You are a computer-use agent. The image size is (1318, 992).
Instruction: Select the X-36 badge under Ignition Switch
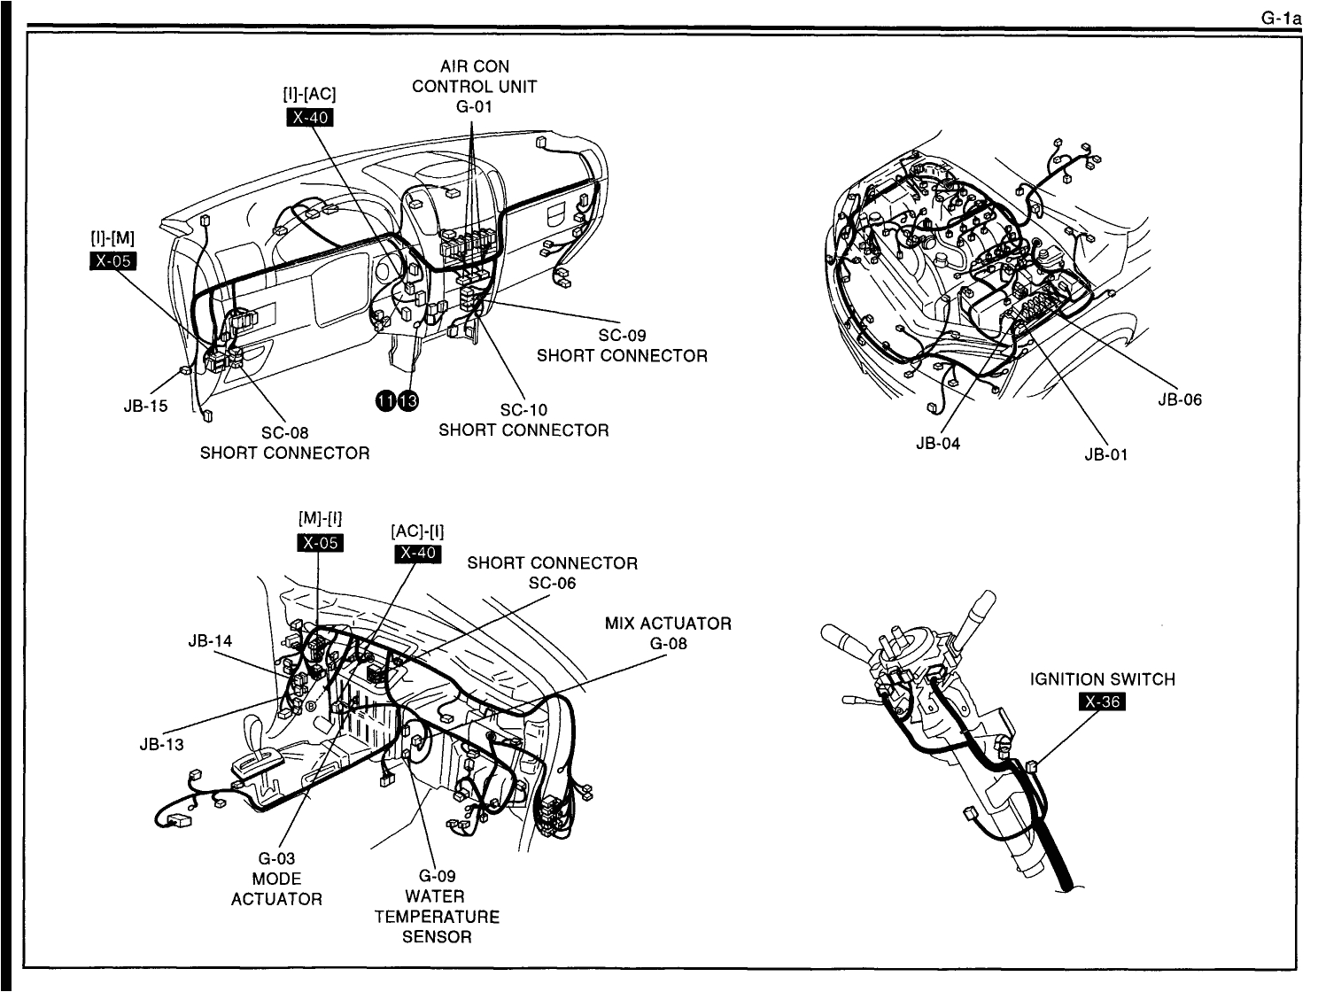[x=1101, y=702]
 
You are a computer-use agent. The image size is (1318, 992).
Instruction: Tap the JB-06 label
[x=1179, y=399]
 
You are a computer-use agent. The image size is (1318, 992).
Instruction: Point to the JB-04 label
[x=938, y=443]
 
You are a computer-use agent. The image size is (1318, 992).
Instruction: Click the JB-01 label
[x=1105, y=455]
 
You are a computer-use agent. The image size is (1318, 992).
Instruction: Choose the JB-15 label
[x=145, y=407]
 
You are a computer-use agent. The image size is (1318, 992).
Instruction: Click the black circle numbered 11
[x=386, y=400]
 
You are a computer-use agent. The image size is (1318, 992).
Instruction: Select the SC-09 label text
[x=622, y=336]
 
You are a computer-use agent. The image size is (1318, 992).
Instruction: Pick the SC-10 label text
[x=523, y=410]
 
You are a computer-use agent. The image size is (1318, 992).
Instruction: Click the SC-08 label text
[x=284, y=433]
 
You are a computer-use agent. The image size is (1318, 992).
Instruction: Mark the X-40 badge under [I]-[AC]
[x=310, y=118]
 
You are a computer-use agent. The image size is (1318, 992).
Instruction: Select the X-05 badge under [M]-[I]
[x=320, y=542]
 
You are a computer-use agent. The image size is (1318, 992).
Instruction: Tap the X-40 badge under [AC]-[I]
[x=416, y=553]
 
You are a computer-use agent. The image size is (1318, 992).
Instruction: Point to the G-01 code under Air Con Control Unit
[x=474, y=107]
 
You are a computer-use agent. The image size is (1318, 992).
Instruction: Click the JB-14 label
[x=210, y=640]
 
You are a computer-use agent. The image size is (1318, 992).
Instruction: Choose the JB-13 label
[x=161, y=744]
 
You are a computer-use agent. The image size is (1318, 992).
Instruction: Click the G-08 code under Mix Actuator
[x=668, y=643]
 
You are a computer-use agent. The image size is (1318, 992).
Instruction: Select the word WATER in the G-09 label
[x=436, y=895]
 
